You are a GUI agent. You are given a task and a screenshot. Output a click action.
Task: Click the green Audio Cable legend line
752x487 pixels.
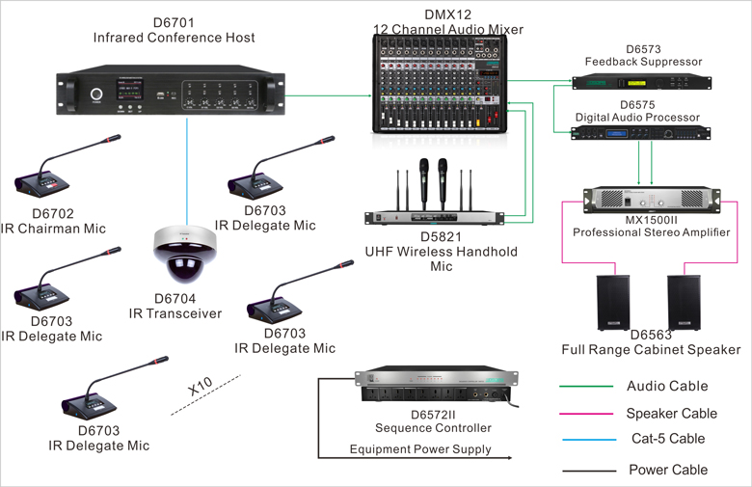[586, 387]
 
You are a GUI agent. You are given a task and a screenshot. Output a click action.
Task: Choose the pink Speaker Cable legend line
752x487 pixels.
[586, 414]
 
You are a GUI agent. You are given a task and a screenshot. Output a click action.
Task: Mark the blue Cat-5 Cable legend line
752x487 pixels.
[586, 440]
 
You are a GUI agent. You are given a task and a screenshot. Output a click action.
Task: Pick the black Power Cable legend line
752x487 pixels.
[586, 471]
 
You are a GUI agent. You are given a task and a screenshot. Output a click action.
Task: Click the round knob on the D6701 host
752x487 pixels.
[96, 95]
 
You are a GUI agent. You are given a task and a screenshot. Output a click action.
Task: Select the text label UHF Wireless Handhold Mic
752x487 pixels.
[441, 258]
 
